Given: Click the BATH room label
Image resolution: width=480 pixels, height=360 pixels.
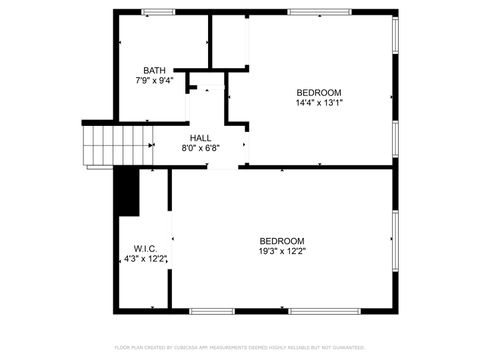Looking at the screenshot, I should [x=154, y=70].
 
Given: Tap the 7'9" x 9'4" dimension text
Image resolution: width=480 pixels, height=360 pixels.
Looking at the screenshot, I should [x=154, y=80].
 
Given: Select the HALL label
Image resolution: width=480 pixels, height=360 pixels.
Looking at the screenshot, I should [x=200, y=138].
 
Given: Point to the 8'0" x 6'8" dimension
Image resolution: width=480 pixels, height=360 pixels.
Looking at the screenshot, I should [x=200, y=148].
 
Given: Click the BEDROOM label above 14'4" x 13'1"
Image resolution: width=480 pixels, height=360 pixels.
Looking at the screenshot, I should [x=319, y=93].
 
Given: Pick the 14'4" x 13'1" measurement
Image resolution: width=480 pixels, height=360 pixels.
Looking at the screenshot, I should [x=319, y=102].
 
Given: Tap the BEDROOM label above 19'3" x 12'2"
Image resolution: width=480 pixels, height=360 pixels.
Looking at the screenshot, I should [x=282, y=240].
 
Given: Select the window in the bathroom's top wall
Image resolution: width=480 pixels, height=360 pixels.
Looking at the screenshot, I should [x=157, y=11].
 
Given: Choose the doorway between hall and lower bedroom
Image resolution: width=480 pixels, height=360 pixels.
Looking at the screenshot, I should [x=223, y=168].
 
